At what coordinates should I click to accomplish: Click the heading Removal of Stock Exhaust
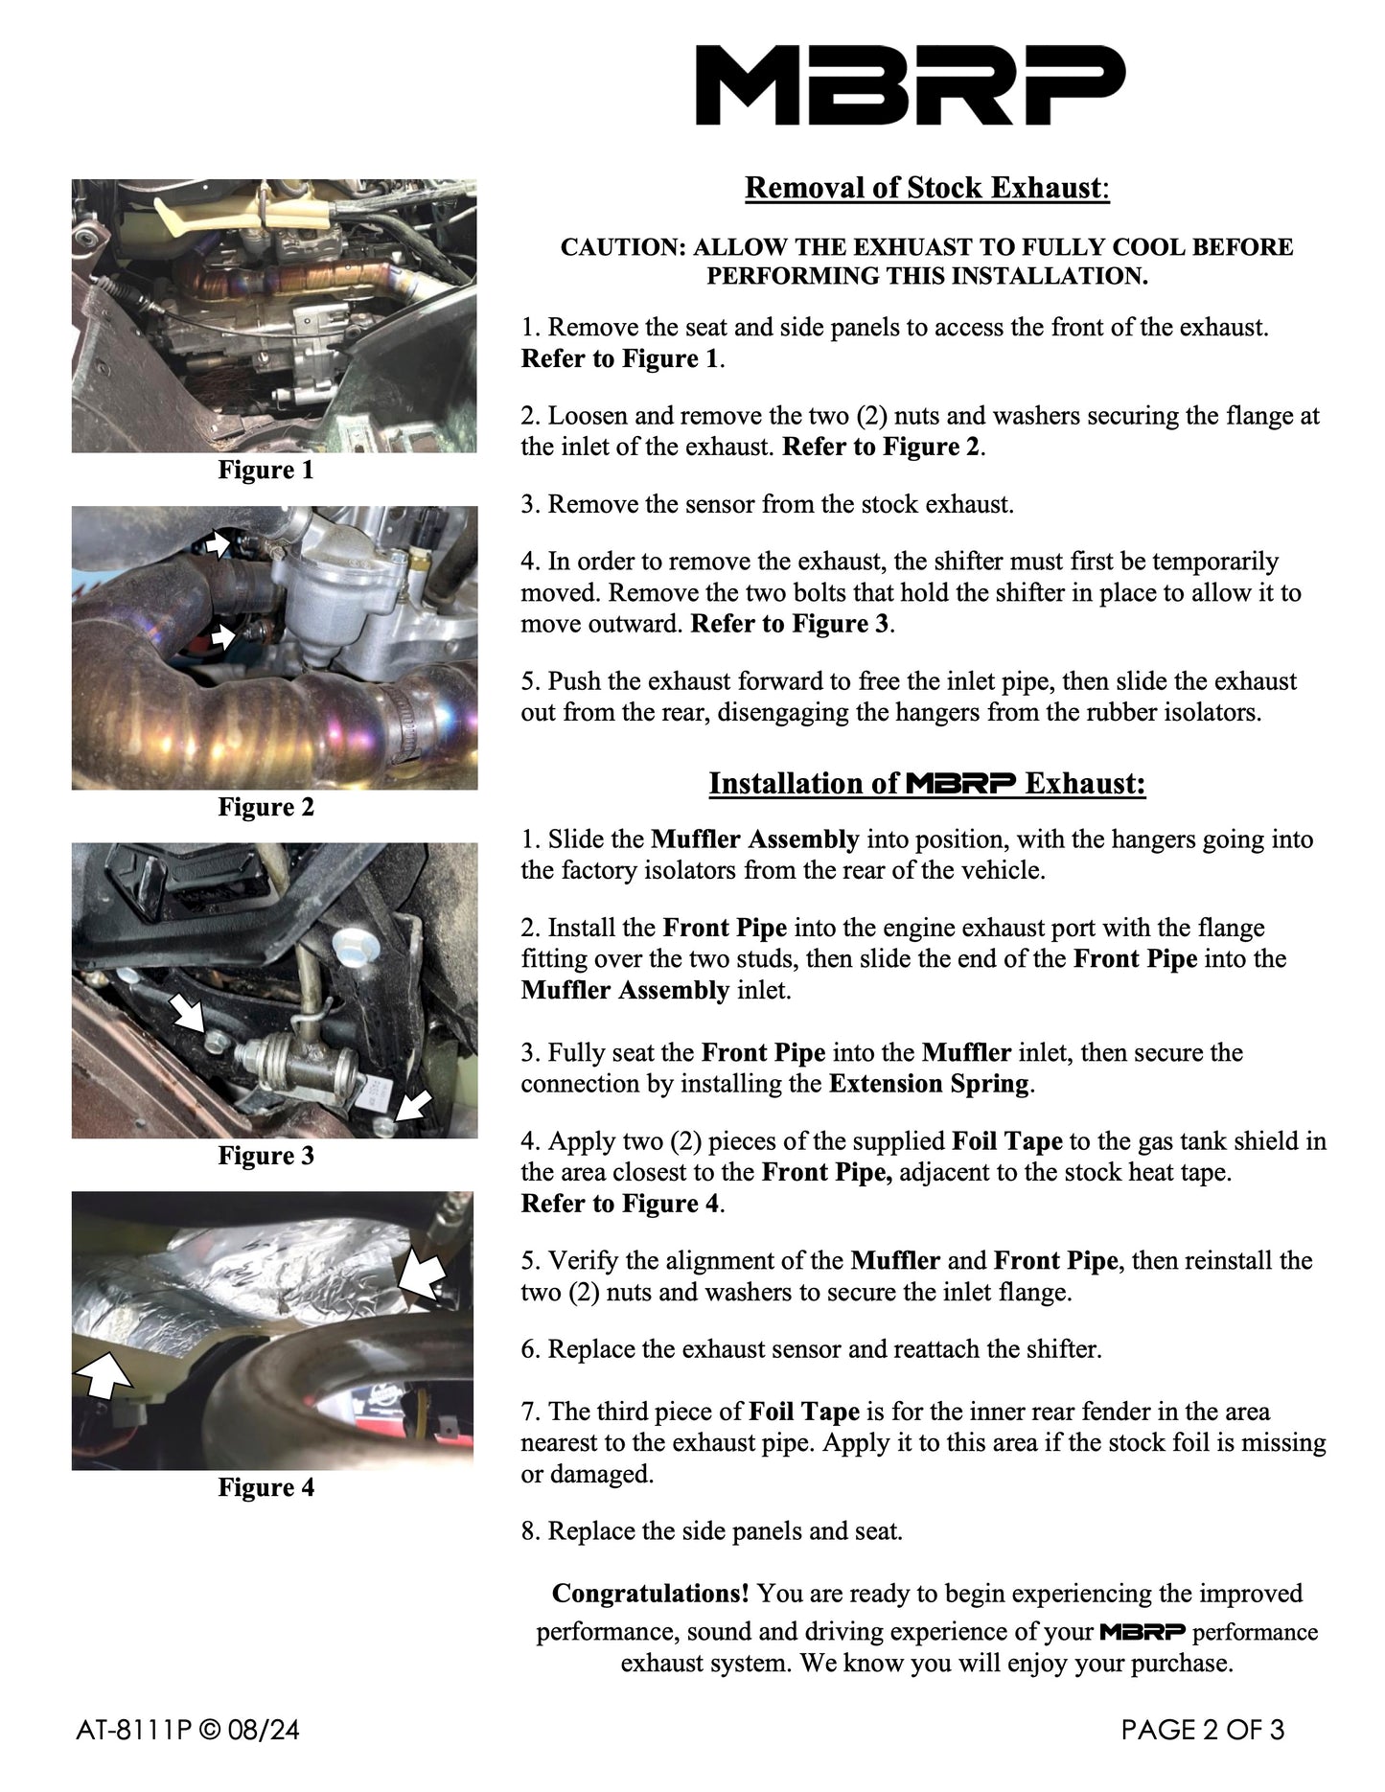[x=926, y=188]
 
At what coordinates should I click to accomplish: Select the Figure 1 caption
[x=265, y=470]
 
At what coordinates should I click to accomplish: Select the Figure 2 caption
[x=265, y=807]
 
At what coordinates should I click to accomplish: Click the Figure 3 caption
[x=265, y=1156]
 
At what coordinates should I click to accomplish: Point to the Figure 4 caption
[x=265, y=1487]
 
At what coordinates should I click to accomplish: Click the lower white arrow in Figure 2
[x=221, y=635]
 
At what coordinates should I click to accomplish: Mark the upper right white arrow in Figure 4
[x=423, y=1274]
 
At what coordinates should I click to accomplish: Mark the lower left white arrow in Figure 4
[x=104, y=1375]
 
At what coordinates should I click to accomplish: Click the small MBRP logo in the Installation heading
[x=959, y=784]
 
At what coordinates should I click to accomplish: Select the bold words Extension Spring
[x=928, y=1084]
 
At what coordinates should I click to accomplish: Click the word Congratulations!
[x=651, y=1594]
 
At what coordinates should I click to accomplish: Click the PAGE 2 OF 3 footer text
[x=1202, y=1731]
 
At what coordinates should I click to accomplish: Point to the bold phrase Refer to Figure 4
[x=619, y=1204]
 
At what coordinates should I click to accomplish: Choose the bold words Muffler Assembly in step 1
[x=754, y=839]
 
